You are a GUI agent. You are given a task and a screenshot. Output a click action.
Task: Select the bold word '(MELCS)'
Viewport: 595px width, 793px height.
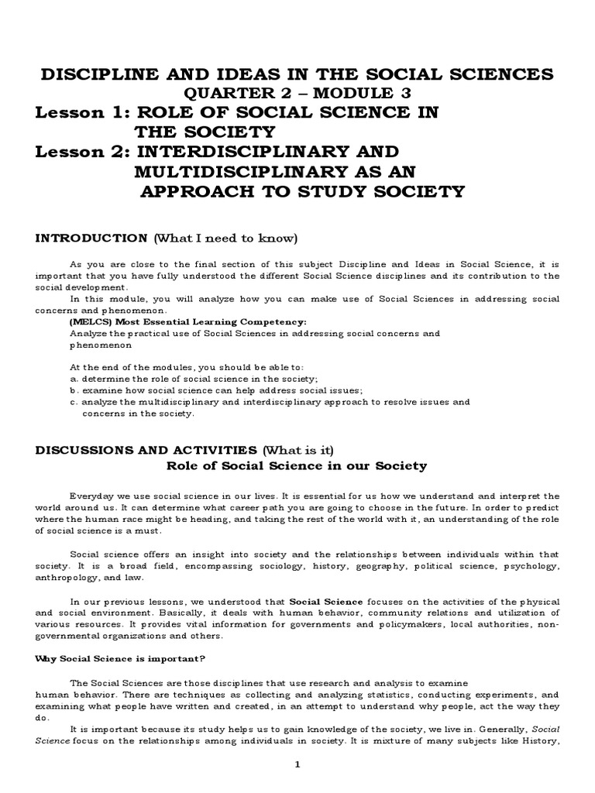pos(91,321)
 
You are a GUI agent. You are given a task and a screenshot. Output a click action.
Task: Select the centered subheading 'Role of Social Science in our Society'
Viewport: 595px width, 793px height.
pos(297,465)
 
